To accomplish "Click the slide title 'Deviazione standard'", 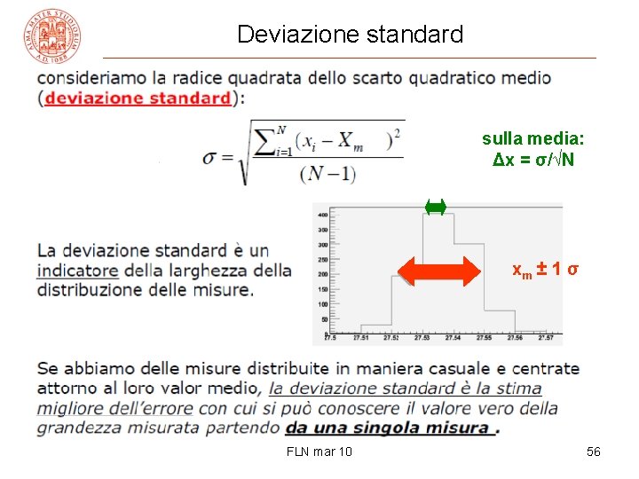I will click(x=350, y=35).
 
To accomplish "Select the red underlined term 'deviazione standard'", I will click(x=137, y=98).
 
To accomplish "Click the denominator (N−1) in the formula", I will click(x=327, y=174).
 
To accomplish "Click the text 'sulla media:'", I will click(x=533, y=138).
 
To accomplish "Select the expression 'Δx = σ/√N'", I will click(x=533, y=160).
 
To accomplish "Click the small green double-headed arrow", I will click(x=435, y=208).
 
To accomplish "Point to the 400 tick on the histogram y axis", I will click(x=323, y=216).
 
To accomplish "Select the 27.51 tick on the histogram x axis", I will click(x=362, y=338).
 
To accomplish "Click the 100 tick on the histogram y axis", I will click(x=323, y=303).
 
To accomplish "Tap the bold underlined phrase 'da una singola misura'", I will click(x=389, y=428).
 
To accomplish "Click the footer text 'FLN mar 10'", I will click(x=319, y=452).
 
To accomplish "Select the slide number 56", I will click(x=594, y=452).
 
